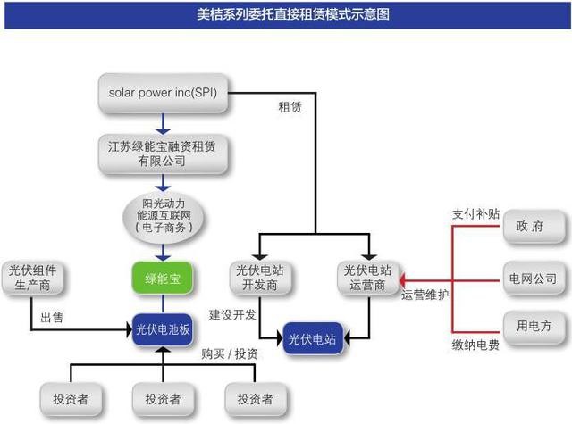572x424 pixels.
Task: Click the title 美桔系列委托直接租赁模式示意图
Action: pyautogui.click(x=286, y=14)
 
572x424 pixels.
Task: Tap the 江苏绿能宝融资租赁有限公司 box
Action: pyautogui.click(x=162, y=153)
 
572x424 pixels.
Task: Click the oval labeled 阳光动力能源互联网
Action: pyautogui.click(x=162, y=215)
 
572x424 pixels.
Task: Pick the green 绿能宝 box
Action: pyautogui.click(x=162, y=278)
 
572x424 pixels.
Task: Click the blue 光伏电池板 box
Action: pyautogui.click(x=162, y=328)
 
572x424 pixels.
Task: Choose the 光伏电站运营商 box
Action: pyautogui.click(x=367, y=278)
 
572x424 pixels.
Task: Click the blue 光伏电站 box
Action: pyautogui.click(x=313, y=339)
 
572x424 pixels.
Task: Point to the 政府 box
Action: pyautogui.click(x=534, y=226)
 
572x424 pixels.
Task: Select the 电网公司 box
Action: pyautogui.click(x=534, y=279)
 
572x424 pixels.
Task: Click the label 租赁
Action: pyautogui.click(x=290, y=108)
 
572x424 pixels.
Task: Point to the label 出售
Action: pyautogui.click(x=52, y=318)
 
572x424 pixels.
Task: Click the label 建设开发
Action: pyautogui.click(x=234, y=315)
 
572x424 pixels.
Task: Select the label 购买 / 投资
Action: pyautogui.click(x=230, y=354)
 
